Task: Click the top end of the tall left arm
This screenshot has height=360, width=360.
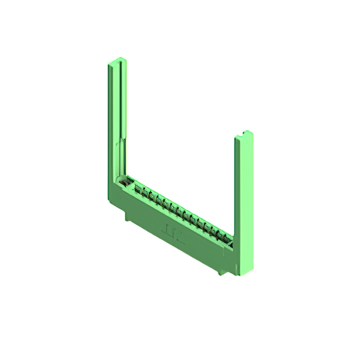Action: coord(117,61)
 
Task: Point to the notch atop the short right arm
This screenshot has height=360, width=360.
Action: coord(243,133)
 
